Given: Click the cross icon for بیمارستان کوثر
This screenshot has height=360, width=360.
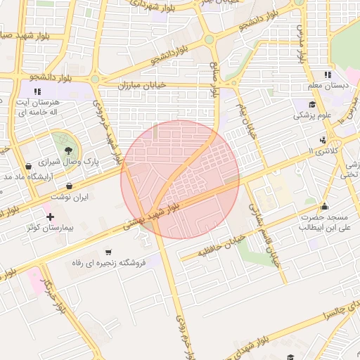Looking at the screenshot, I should click(49, 216).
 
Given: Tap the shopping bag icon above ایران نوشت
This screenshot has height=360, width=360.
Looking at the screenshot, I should click(69, 186).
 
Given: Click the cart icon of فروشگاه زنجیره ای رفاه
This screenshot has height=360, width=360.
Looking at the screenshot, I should click(108, 252).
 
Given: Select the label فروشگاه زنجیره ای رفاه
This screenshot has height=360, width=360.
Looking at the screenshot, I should click(108, 263).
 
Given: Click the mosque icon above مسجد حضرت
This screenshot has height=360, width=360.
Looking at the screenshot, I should click(324, 207).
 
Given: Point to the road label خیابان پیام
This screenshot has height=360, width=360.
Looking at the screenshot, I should click(246, 120).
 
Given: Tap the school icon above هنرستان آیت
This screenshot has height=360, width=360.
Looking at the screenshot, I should click(37, 91).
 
